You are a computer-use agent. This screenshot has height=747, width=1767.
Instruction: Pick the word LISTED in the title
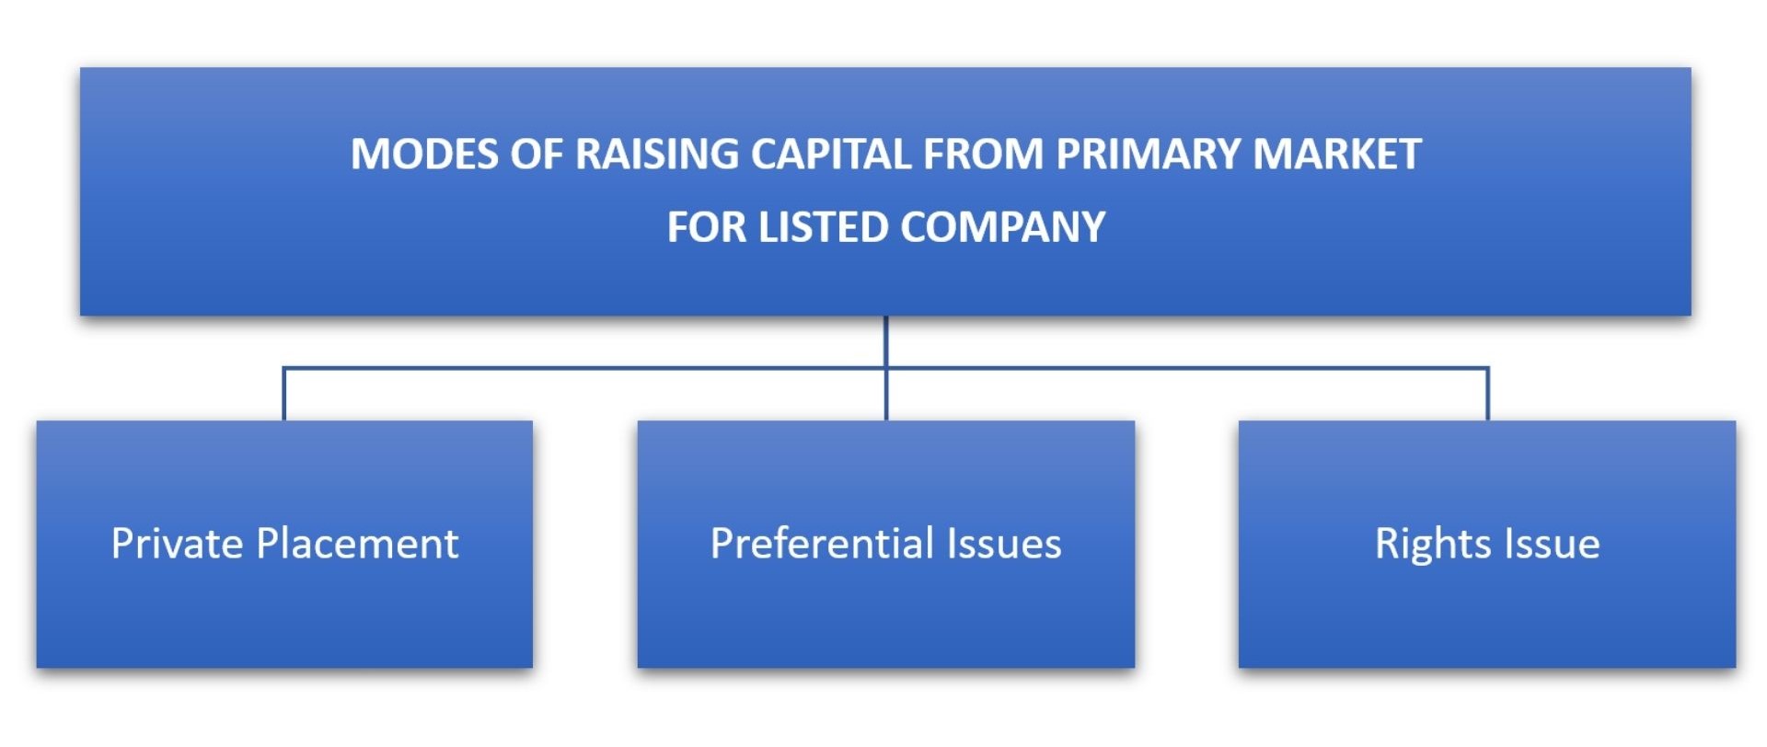(x=823, y=227)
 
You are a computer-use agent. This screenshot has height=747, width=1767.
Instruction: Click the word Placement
(x=357, y=544)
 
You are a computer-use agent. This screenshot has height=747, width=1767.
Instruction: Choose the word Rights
(x=1426, y=544)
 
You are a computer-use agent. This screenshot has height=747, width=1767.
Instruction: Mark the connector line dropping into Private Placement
(x=283, y=396)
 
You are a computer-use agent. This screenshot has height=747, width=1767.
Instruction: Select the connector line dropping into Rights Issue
(x=1487, y=396)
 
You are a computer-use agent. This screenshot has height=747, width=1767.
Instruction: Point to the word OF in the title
(x=537, y=154)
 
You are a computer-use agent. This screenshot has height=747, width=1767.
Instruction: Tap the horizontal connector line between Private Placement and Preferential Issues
(x=580, y=369)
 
